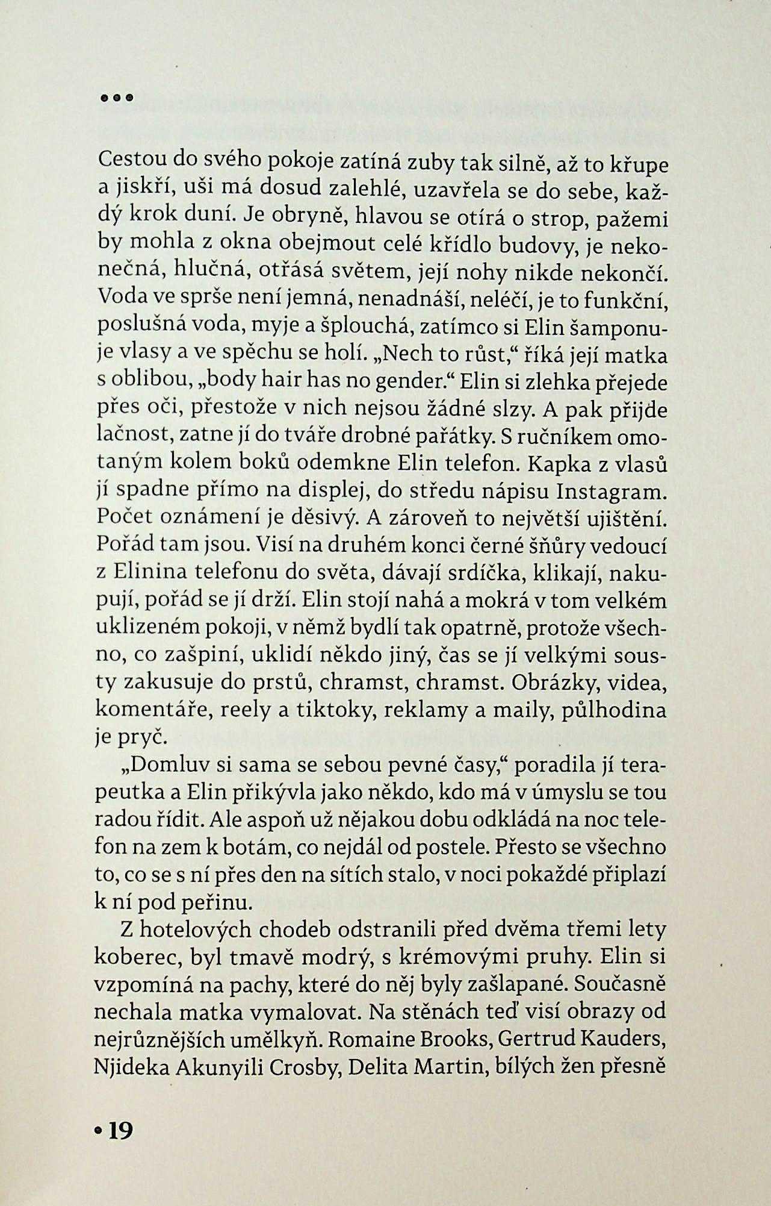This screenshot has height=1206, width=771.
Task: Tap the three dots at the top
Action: pyautogui.click(x=117, y=97)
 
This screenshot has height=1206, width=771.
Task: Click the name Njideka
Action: pyautogui.click(x=132, y=1067)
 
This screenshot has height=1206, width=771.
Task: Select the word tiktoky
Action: pyautogui.click(x=336, y=711)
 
